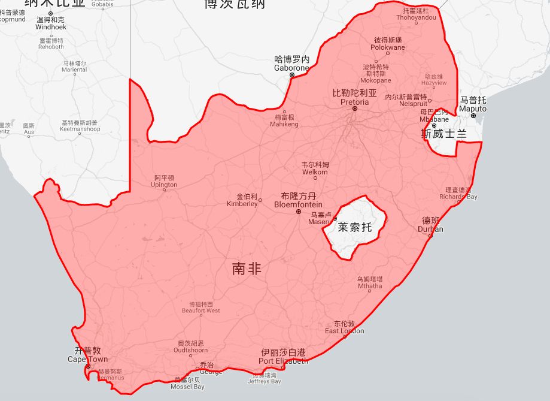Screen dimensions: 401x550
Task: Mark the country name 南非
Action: [247, 269]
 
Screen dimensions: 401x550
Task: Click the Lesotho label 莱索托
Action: [354, 227]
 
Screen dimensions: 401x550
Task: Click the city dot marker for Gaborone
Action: [292, 75]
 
